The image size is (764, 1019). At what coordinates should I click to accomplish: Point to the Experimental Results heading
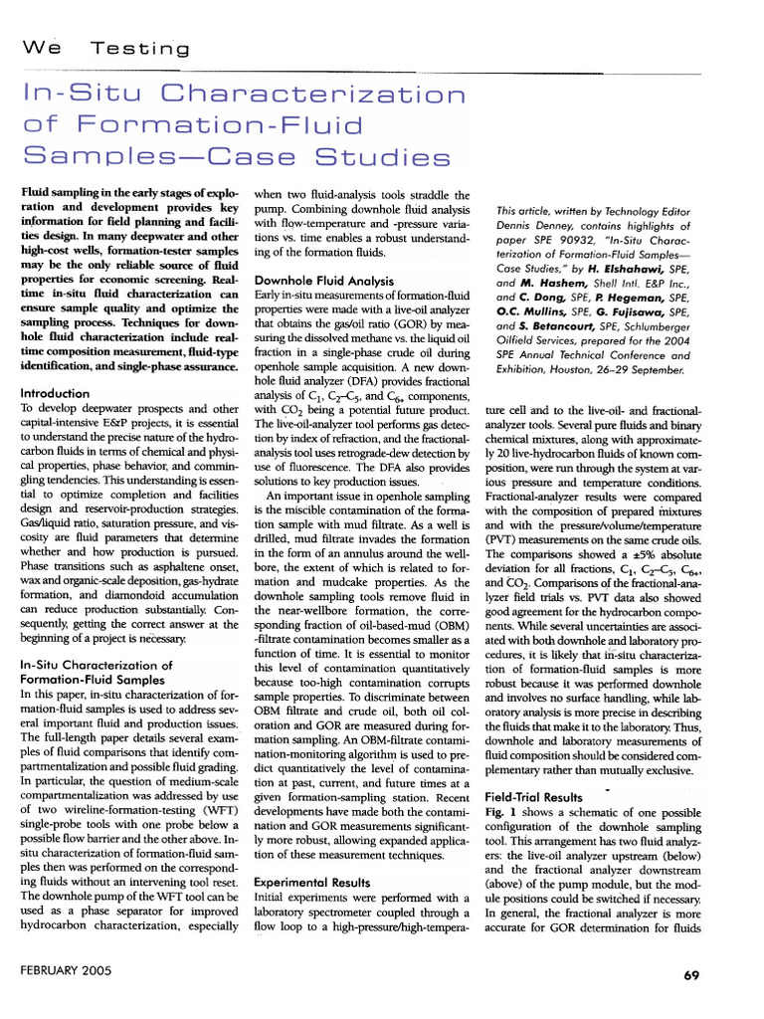pos(313,882)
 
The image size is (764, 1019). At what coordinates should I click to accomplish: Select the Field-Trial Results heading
pos(534,797)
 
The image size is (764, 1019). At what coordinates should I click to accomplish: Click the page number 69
pos(693,975)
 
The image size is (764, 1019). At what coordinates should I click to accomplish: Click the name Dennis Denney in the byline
pos(531,226)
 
